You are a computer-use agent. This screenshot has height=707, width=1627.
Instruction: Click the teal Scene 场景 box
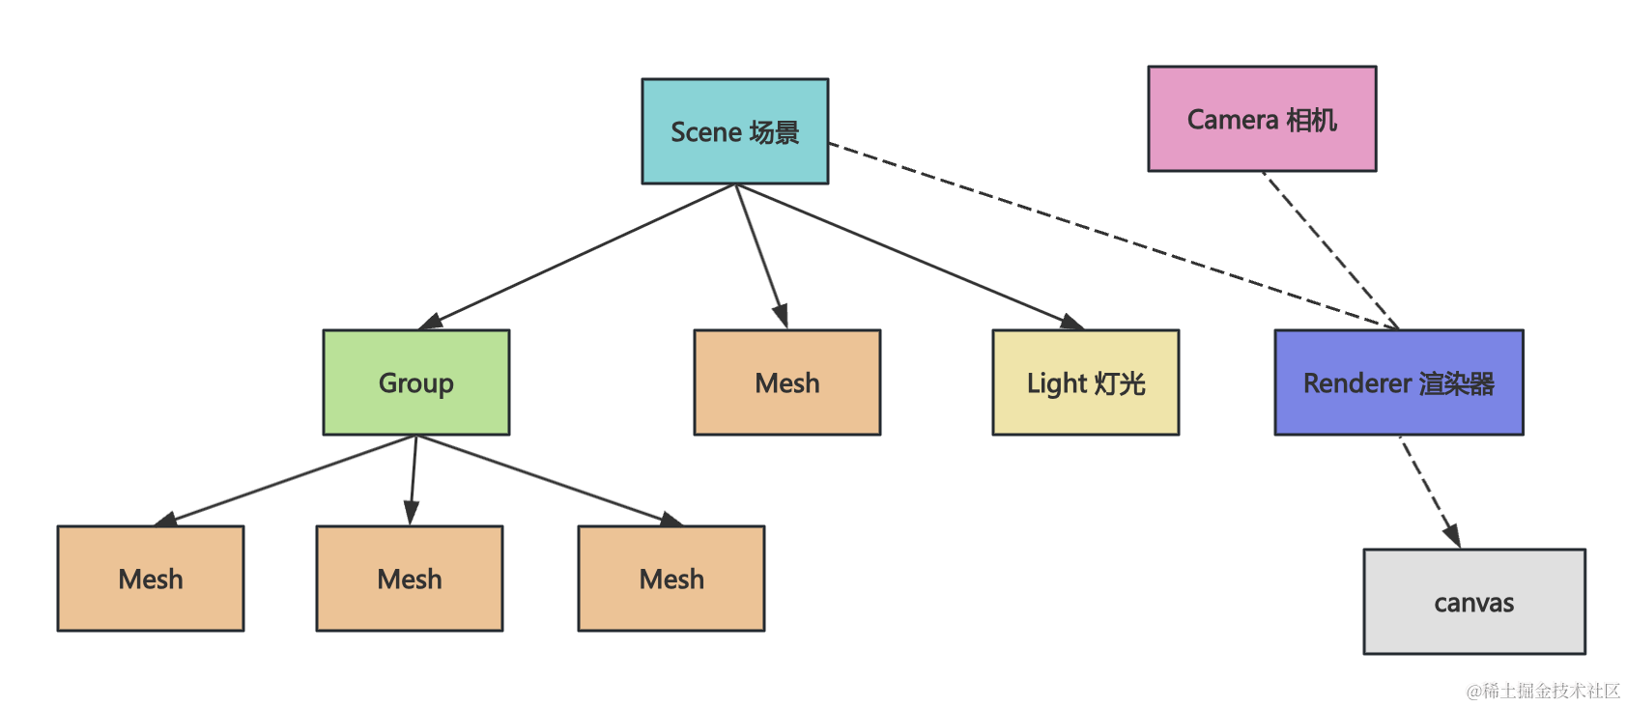tap(735, 131)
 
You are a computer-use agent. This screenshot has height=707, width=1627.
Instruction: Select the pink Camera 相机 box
tap(1263, 119)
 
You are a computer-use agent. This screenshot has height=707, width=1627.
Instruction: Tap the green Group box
tap(416, 382)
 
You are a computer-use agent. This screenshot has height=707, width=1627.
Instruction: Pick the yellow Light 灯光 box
tap(1086, 382)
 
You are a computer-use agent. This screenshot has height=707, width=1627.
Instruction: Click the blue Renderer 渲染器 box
tap(1399, 382)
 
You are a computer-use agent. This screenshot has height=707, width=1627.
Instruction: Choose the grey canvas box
tap(1474, 602)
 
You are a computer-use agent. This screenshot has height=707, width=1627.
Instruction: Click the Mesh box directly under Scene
tap(787, 382)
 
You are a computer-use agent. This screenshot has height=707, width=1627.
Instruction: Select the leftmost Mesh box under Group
tap(151, 579)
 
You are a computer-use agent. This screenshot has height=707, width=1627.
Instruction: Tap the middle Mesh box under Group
tap(410, 579)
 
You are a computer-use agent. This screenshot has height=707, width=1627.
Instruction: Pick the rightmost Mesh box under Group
tap(671, 579)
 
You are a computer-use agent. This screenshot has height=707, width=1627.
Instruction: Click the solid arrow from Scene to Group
tap(577, 257)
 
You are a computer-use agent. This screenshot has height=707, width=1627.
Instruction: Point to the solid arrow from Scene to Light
tap(910, 257)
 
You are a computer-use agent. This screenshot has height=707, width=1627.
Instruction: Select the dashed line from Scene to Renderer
tap(1113, 236)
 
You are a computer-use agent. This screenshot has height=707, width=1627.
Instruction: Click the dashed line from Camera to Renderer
tap(1330, 250)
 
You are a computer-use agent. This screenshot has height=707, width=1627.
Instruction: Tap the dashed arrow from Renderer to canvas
tap(1430, 492)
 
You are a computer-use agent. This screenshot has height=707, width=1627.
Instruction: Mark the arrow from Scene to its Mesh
tap(761, 257)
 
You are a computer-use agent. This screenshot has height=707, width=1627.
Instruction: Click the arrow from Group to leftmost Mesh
tap(285, 481)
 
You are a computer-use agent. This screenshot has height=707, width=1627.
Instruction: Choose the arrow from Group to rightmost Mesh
tap(549, 481)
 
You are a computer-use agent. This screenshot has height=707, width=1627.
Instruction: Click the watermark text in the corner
tap(1544, 691)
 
